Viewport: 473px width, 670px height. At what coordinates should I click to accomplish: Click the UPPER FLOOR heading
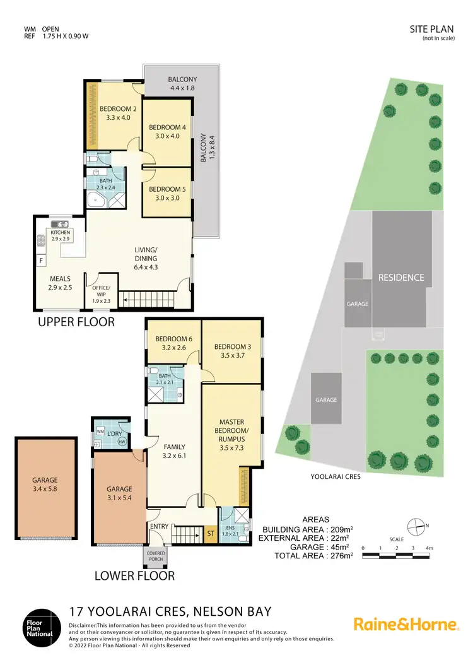click(x=76, y=322)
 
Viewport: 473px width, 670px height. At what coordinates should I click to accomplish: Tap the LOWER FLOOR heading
click(x=134, y=575)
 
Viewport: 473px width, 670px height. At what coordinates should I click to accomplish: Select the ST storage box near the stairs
click(x=211, y=534)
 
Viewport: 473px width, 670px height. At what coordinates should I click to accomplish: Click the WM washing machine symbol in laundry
click(x=100, y=431)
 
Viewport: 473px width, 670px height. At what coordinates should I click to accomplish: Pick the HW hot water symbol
click(x=121, y=442)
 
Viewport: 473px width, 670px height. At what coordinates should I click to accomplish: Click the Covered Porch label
click(x=157, y=556)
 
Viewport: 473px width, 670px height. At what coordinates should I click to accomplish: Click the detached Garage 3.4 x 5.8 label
click(x=45, y=484)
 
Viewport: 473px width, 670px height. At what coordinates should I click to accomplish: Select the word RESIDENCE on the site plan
click(x=400, y=277)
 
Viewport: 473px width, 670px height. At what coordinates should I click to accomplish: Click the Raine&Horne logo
click(x=406, y=625)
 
